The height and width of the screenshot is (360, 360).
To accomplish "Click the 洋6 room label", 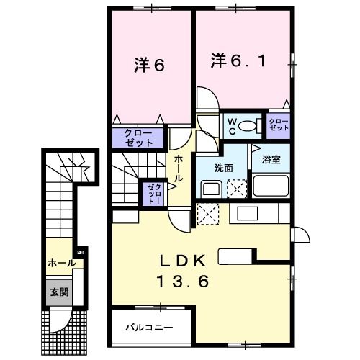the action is pos(149,65).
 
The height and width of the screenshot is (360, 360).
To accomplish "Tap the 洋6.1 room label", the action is pos(238,60).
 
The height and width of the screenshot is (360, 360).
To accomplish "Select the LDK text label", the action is pos(184,261).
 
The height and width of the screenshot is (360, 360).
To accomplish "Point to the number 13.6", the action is pos(183,281).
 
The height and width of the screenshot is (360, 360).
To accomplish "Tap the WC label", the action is pos(232,127).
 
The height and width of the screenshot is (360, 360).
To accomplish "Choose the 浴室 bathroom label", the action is pos(271,159).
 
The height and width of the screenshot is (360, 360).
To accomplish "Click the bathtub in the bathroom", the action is pos(271,186).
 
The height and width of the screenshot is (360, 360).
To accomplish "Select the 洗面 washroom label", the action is pos(223,168).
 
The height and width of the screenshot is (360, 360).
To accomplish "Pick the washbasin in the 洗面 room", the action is pos(211,188).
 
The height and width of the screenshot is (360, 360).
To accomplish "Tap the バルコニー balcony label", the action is pos(149,327).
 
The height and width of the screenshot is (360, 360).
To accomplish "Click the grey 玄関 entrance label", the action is pos(59,292).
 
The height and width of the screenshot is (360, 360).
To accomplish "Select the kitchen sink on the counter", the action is pos(248,213).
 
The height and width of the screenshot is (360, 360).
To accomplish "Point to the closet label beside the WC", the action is pos(279,125).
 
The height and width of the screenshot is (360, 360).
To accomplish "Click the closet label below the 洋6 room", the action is pos(139,138).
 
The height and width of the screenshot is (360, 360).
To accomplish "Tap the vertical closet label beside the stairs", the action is pos(155,194).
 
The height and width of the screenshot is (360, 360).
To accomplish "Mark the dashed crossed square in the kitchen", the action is pos(208,215).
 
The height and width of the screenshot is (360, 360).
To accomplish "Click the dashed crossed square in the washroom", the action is pos(237,189).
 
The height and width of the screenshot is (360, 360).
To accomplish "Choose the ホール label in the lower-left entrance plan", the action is pos(62,264).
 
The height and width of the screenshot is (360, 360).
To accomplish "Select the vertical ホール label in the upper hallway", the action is pos(178,168).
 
